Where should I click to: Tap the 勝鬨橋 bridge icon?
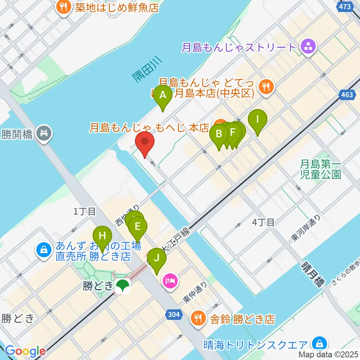[45, 133]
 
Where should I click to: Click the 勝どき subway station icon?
[122, 286]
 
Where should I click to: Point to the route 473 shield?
[343, 6]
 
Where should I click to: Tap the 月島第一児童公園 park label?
[321, 169]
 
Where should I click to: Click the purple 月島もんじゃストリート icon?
[309, 47]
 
